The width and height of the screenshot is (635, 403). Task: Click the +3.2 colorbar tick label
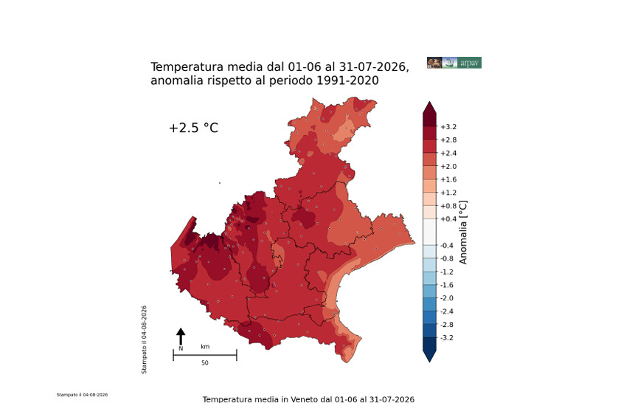pos(448,127)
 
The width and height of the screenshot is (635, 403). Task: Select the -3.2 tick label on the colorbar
pos(447,338)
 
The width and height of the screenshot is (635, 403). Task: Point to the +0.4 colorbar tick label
pos(448,219)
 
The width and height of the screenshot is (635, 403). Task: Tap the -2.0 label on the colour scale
pos(447,298)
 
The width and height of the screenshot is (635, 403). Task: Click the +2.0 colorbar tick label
pos(448,167)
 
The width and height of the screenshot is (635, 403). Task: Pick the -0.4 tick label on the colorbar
pos(447,245)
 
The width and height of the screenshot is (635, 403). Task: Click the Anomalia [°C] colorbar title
pos(463,232)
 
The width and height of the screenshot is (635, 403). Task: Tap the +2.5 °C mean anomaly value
pos(193,128)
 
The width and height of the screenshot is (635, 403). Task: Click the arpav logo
pos(454,63)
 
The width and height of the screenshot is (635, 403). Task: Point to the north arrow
pos(181,336)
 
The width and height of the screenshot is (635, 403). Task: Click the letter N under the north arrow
pos(181,348)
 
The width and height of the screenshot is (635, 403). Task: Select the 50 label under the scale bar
pos(205,363)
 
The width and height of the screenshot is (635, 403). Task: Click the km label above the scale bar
pos(205,347)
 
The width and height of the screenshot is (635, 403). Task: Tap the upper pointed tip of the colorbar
pos(430,102)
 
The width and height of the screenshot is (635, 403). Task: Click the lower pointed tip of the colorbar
pos(430,362)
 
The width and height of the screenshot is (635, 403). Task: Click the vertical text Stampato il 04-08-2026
pos(144,340)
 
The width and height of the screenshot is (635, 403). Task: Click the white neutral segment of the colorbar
pos(430,232)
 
